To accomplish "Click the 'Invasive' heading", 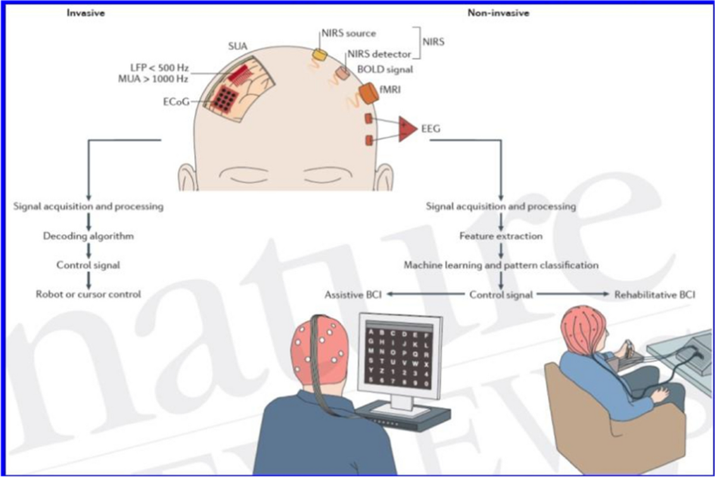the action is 86,13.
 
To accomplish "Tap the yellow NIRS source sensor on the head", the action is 321,54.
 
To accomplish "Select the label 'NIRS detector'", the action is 379,54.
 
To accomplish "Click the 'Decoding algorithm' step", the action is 88,236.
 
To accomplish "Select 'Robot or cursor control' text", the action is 88,294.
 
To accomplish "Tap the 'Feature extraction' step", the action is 501,236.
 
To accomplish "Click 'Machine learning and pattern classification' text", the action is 501,265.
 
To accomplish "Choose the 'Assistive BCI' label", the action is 353,295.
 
